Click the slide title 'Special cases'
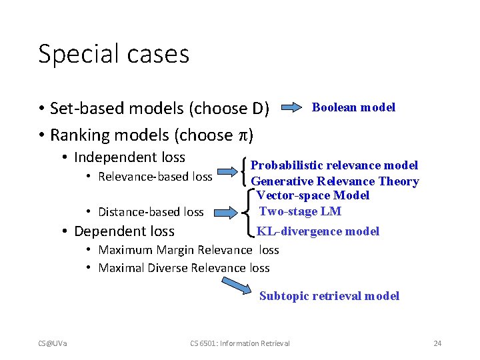pos(113,54)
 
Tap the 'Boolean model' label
pos(353,107)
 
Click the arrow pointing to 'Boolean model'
pos(291,107)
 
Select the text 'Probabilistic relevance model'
pos(334,165)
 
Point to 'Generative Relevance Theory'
pos(335,181)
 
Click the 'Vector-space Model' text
pos(313,195)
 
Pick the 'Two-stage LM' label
pos(300,211)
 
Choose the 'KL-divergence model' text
pos(318,231)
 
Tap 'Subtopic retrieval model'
pos(329,296)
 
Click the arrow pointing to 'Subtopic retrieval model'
pos(238,286)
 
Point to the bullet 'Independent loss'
pos(129,158)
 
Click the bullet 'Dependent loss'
pos(124,231)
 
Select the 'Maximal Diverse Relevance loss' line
pos(183,268)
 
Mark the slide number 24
pos(437,343)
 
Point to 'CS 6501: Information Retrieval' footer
pos(239,343)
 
